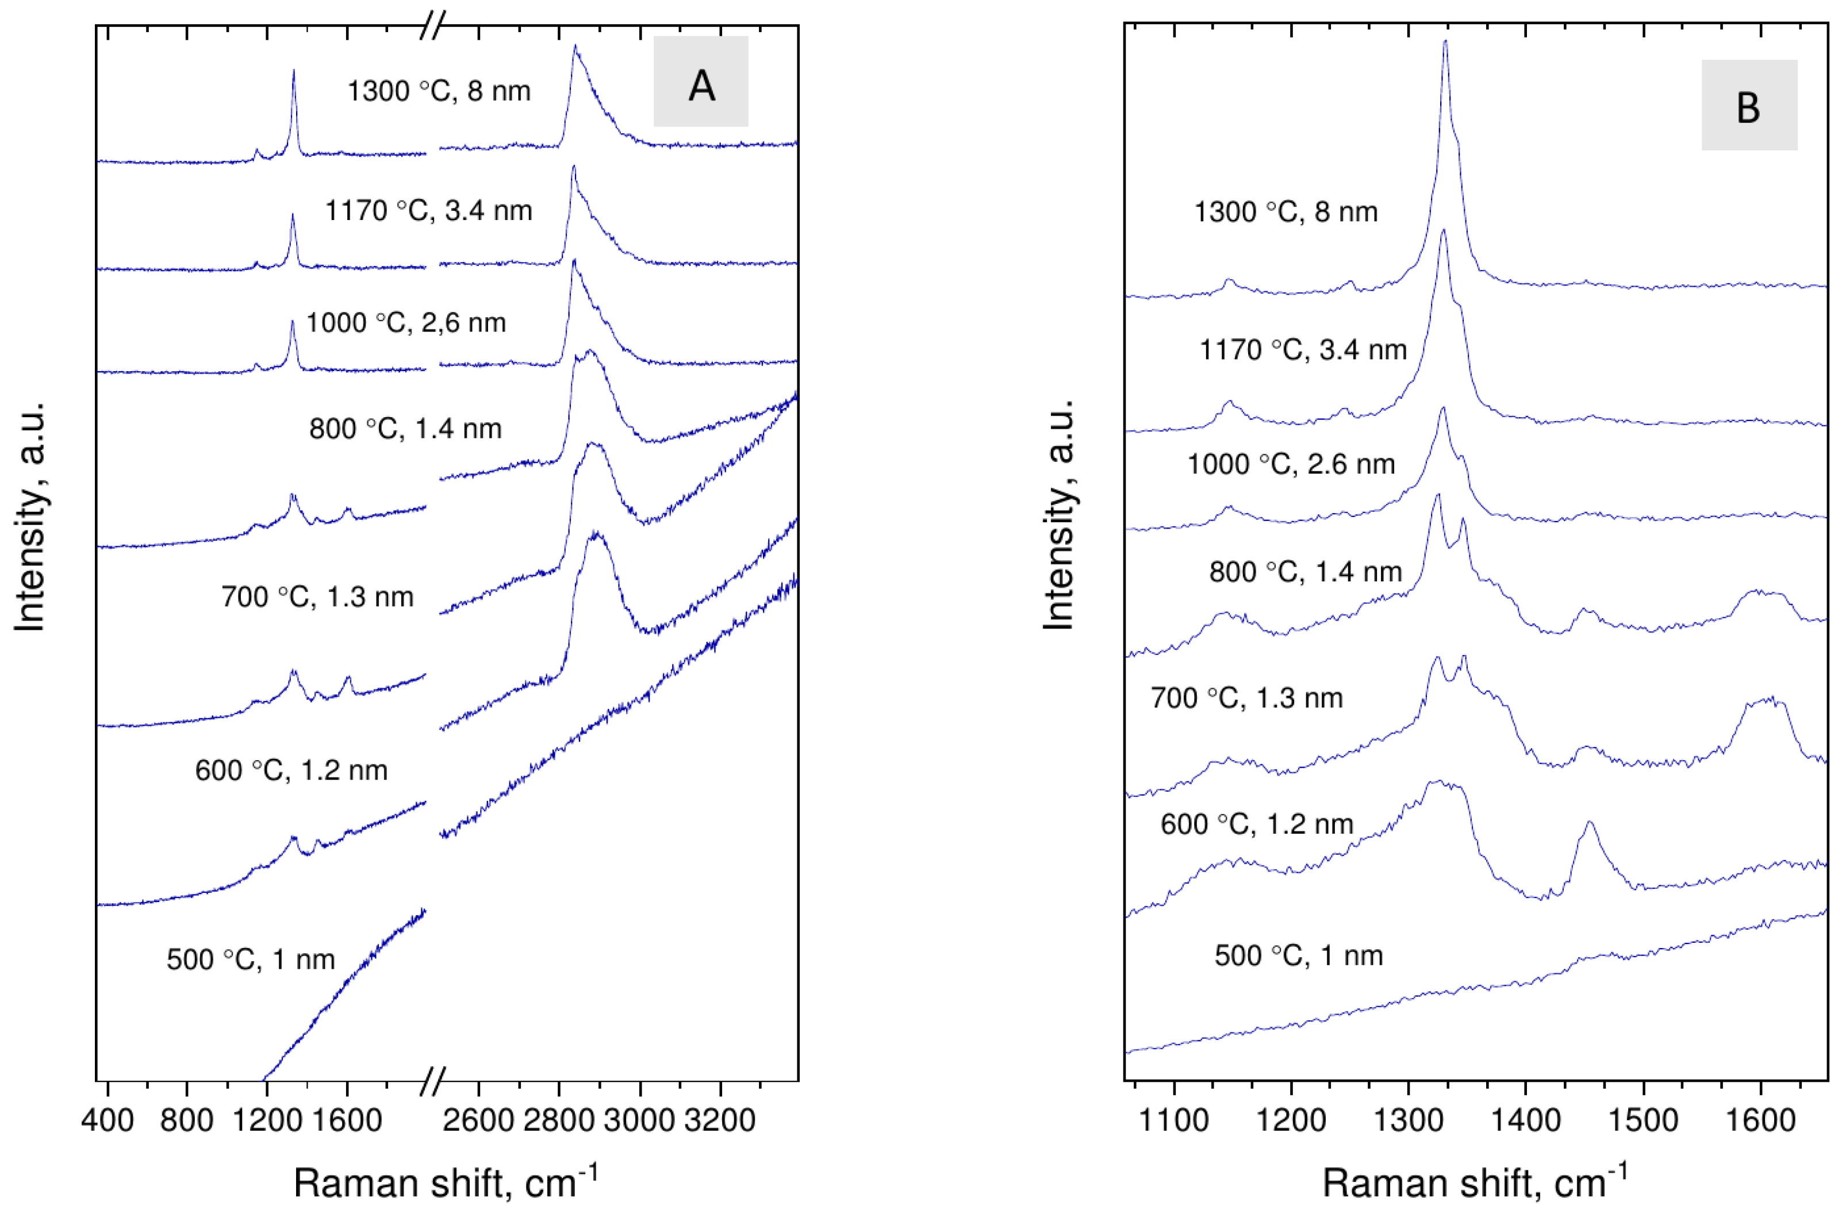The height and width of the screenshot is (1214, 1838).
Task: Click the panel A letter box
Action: pos(700,81)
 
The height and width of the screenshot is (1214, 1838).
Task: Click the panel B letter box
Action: pos(1748,105)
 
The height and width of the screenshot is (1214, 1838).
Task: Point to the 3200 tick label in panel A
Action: pos(720,1120)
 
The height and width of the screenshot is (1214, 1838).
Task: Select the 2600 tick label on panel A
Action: pos(478,1120)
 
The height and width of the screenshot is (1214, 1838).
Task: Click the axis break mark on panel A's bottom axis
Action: pos(433,1081)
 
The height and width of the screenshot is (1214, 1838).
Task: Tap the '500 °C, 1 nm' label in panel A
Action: pos(250,959)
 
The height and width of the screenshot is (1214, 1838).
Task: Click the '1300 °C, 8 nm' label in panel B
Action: pos(1285,211)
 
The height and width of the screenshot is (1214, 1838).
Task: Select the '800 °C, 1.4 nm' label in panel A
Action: pos(405,428)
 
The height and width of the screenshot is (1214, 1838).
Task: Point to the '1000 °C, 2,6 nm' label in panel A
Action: pos(406,322)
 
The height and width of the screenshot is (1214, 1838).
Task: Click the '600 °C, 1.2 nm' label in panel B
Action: pos(1256,824)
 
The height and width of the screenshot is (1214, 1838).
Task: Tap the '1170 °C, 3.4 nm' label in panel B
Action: pos(1303,350)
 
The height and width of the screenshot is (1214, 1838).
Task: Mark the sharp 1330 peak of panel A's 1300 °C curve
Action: pos(293,72)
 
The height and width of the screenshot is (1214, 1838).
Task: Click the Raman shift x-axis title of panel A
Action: pos(446,1183)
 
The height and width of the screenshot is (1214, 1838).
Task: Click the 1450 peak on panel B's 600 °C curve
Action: pos(1590,824)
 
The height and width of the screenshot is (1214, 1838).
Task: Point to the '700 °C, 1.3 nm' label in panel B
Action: pos(1246,697)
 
